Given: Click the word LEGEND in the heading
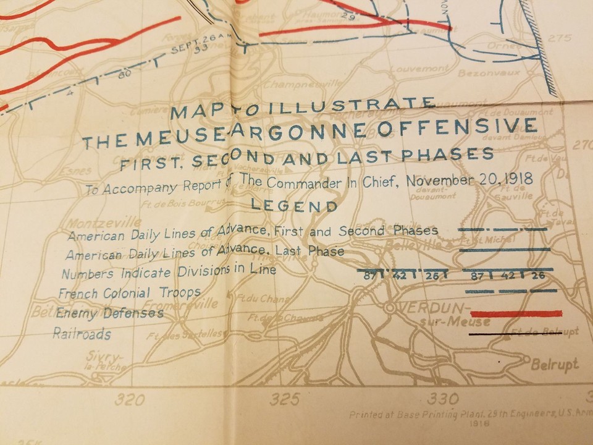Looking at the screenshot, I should [x=295, y=206].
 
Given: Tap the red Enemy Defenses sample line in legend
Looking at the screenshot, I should [x=516, y=314].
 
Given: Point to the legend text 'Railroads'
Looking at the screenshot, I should [x=82, y=334].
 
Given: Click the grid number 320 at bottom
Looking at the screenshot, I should [x=129, y=399].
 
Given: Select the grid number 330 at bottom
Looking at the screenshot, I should [x=443, y=398].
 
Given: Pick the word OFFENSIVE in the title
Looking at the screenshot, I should [x=470, y=128].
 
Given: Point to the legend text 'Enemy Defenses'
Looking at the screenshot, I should [x=109, y=313].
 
